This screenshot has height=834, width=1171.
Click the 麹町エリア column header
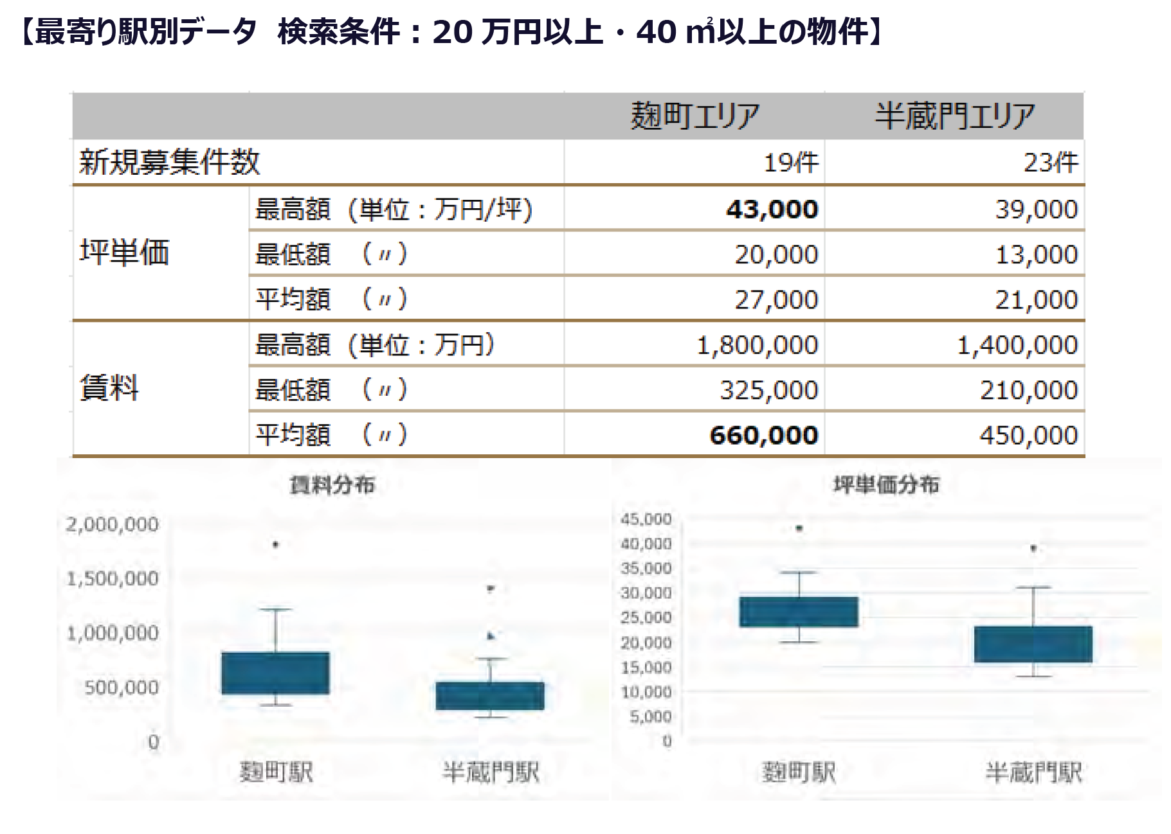point(694,116)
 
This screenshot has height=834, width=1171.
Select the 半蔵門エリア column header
point(955,116)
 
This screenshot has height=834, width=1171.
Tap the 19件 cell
point(791,163)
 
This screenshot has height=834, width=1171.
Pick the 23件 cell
point(1051,163)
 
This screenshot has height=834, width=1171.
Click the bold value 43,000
point(772,209)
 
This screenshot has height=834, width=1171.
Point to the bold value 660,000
point(764,436)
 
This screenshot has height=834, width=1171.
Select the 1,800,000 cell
point(758,346)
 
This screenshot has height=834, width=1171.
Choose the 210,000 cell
point(1029,391)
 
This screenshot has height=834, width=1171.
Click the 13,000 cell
point(1037,255)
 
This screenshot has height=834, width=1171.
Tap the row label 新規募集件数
point(170,162)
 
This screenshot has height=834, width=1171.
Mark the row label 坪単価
point(124,252)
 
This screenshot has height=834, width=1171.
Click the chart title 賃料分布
point(332,485)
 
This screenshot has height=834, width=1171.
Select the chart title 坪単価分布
point(886,484)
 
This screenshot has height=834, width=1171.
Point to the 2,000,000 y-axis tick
point(112,524)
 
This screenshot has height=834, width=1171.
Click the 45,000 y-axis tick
point(646,519)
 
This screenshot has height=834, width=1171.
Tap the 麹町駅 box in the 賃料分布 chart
point(275,673)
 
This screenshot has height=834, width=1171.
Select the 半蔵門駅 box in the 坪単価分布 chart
point(1033,644)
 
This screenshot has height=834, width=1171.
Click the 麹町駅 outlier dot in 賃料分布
point(276,545)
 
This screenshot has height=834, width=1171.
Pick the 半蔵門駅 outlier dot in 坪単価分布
point(1033,549)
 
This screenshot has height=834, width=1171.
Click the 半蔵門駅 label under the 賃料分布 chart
point(491,772)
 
